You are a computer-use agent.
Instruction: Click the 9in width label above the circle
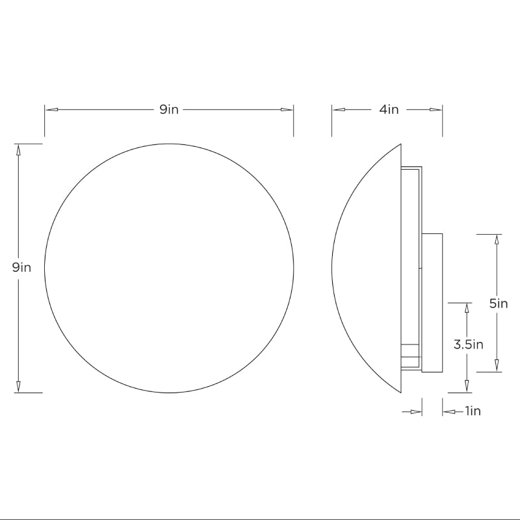click(x=169, y=109)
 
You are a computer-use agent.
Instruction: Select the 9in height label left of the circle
click(x=21, y=267)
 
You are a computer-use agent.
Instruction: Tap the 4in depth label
click(x=389, y=109)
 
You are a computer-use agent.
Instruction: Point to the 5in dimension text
click(x=499, y=303)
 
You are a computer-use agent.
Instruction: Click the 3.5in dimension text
click(x=468, y=344)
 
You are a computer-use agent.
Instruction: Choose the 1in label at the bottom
click(x=473, y=411)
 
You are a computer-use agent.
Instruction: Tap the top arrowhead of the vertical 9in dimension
click(x=18, y=149)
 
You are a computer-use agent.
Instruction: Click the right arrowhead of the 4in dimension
click(x=436, y=109)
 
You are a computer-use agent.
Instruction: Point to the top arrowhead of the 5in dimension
click(x=497, y=240)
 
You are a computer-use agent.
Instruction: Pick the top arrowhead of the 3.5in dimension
click(x=467, y=308)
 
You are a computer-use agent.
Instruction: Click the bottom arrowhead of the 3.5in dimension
click(x=467, y=387)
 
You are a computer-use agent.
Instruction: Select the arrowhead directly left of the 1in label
click(x=449, y=411)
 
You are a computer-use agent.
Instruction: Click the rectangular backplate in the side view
click(x=433, y=302)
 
